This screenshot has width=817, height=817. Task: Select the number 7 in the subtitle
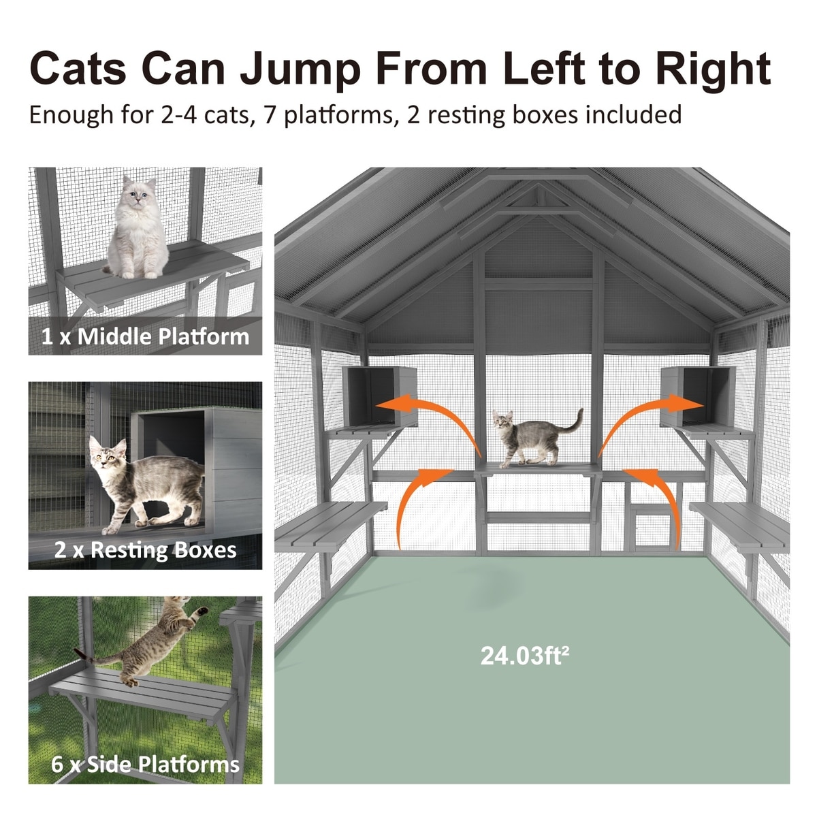(x=270, y=114)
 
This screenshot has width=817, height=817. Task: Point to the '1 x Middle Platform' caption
(x=146, y=336)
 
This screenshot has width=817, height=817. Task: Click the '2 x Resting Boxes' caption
(x=146, y=550)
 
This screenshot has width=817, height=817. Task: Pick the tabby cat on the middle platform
(x=536, y=438)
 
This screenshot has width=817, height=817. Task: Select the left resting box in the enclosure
(x=379, y=396)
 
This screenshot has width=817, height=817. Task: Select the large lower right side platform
(x=740, y=526)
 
